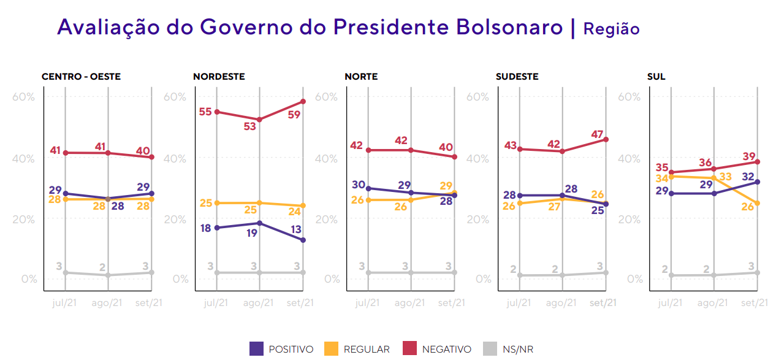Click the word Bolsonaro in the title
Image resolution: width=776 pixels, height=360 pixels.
pos(509,28)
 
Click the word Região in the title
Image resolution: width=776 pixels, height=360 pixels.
pos(611,29)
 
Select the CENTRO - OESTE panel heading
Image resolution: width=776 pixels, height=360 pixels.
pos(81,77)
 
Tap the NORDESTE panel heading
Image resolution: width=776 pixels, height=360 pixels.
pos(219,77)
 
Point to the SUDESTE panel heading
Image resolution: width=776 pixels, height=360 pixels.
pos(517,77)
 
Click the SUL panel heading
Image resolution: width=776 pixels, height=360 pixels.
pos(656,77)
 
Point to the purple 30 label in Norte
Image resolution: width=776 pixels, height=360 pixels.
pos(359,185)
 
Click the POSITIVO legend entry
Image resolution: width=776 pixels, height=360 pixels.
pos(282,349)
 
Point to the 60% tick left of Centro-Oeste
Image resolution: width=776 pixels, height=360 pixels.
pos(25,97)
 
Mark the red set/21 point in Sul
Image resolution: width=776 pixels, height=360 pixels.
pos(758,162)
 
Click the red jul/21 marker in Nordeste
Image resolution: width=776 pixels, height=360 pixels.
pos(216,112)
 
